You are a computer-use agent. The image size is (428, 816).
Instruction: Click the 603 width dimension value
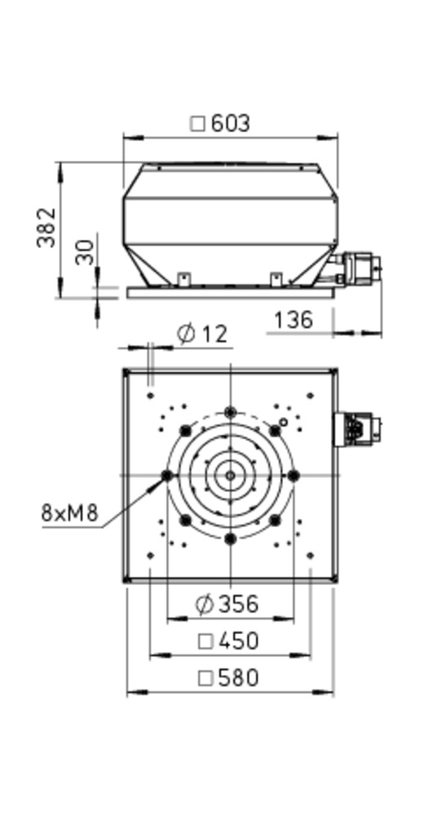tap(231, 124)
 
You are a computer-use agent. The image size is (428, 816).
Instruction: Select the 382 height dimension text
tap(46, 228)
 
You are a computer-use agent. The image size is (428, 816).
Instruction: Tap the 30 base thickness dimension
tap(85, 252)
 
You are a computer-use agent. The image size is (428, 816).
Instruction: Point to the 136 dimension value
tap(293, 320)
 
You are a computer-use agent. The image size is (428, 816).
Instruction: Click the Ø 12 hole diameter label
tap(202, 334)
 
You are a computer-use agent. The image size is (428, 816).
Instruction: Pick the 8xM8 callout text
tap(69, 513)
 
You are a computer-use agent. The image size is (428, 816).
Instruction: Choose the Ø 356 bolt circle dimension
tap(227, 604)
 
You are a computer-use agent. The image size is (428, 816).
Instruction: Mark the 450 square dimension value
tap(239, 641)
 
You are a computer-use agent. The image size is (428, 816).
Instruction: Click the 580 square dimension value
tap(239, 678)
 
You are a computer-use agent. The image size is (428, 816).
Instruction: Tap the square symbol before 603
tap(197, 124)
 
